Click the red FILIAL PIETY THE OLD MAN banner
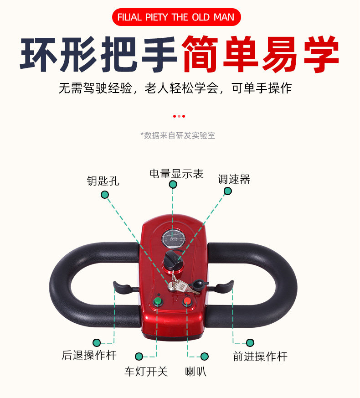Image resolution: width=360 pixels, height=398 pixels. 176,17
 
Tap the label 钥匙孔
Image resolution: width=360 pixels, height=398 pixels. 103,181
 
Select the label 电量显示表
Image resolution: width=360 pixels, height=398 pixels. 176,174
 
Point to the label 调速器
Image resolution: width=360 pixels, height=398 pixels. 234,179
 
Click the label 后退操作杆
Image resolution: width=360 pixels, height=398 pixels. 89,355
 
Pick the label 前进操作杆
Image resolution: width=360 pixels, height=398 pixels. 260,356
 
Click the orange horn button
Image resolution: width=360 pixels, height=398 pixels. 188,301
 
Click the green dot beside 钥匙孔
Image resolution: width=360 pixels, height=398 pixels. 105,195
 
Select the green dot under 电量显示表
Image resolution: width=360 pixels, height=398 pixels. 173,184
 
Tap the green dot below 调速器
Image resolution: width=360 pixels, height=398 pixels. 227,191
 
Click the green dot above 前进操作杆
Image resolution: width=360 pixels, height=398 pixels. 250,342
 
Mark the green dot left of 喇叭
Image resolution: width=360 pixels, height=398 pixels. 205,356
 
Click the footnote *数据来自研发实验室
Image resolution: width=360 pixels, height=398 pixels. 178,135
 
